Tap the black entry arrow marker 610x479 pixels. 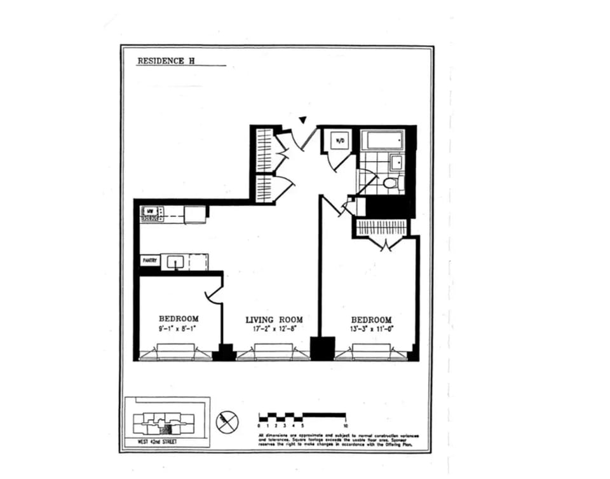click(303, 120)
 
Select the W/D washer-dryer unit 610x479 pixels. click(339, 140)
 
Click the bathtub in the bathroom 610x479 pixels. click(382, 140)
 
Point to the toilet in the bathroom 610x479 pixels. click(390, 183)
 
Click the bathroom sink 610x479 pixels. click(396, 162)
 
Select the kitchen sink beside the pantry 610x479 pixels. click(176, 261)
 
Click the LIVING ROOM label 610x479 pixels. click(274, 319)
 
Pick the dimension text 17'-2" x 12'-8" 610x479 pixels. click(274, 329)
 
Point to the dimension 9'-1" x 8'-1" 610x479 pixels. click(179, 329)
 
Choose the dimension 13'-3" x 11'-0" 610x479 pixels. click(372, 329)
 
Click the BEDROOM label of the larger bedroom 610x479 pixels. click(372, 319)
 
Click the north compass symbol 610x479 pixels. click(227, 422)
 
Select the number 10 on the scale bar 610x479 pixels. click(346, 425)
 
